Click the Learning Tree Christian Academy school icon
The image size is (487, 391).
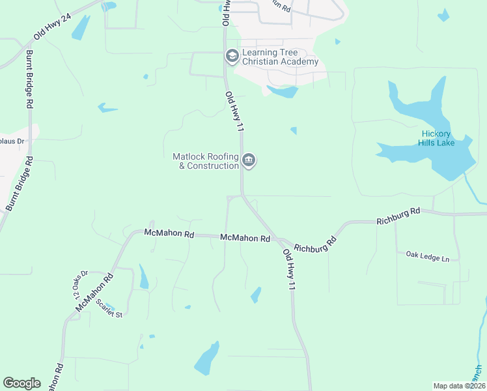click(231, 57)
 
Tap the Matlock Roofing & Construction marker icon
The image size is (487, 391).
click(249, 160)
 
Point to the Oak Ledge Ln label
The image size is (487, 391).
click(428, 257)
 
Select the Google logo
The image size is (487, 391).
click(21, 383)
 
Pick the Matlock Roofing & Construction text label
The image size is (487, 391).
click(206, 161)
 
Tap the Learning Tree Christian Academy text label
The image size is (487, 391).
click(280, 57)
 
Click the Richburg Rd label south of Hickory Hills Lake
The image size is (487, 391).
click(398, 216)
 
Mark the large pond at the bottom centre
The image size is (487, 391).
click(207, 359)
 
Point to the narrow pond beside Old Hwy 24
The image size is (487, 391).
click(81, 27)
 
